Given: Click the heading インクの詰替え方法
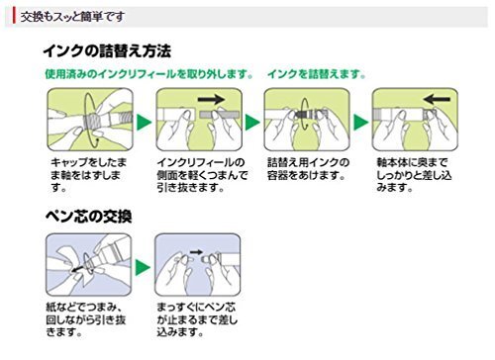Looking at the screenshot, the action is tap(107, 51).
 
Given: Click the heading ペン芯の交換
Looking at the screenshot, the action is tap(89, 217).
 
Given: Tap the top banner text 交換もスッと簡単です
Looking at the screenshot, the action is tap(72, 17).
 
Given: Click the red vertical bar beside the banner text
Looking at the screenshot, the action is tap(14, 16).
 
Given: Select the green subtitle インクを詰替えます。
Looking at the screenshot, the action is tap(317, 74).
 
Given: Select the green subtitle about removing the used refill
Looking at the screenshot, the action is tap(149, 74).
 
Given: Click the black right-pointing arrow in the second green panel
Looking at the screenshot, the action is tap(211, 99).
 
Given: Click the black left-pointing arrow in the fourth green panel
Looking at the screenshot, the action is tap(437, 99).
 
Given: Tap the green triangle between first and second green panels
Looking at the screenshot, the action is tap(144, 122).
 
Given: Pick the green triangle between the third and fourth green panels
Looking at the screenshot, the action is tap(360, 122).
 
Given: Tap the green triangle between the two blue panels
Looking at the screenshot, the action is tap(143, 268).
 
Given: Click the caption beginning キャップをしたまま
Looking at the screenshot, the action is tap(88, 175).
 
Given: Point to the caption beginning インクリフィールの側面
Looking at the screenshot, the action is tap(202, 175).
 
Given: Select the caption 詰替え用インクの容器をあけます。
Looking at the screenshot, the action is tap(308, 169).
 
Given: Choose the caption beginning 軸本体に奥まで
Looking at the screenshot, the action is tap(414, 175).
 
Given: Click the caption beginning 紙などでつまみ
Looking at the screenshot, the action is tap(86, 319).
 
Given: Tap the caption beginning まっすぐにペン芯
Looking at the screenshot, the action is tap(197, 319).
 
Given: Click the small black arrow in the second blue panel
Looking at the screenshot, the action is tap(196, 252).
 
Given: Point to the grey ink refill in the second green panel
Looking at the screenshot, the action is tap(219, 115).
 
